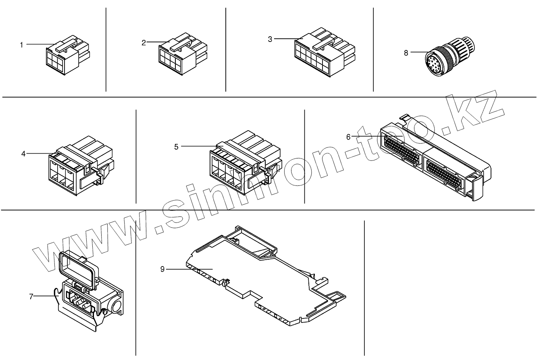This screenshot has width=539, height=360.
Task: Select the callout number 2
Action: [x=144, y=43]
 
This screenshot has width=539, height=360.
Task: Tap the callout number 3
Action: [x=270, y=39]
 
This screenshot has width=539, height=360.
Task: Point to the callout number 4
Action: [x=23, y=154]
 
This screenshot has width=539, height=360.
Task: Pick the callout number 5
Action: [x=176, y=147]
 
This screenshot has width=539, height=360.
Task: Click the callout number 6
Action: [x=348, y=137]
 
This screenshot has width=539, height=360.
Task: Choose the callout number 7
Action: [x=31, y=297]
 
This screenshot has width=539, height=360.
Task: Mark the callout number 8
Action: [x=406, y=52]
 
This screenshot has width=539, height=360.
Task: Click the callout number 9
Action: [x=162, y=269]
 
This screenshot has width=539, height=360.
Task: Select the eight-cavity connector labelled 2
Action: [x=181, y=56]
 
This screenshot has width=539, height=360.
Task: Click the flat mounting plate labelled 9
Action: [x=258, y=278]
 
